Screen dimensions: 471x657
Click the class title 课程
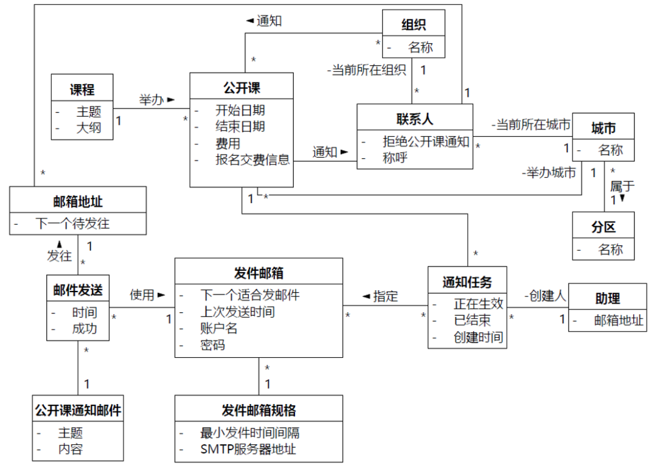coord(82,89)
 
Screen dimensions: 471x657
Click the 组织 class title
coord(414,25)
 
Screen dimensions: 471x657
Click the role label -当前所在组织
coord(366,71)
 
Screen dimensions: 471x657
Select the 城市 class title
coord(603,128)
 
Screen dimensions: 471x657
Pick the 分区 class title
coord(603,227)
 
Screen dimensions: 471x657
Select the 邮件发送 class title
coord(78,290)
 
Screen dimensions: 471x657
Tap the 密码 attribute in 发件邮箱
coord(212,345)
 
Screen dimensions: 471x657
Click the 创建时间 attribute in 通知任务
coord(478,337)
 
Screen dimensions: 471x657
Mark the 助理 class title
coord(607,298)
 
